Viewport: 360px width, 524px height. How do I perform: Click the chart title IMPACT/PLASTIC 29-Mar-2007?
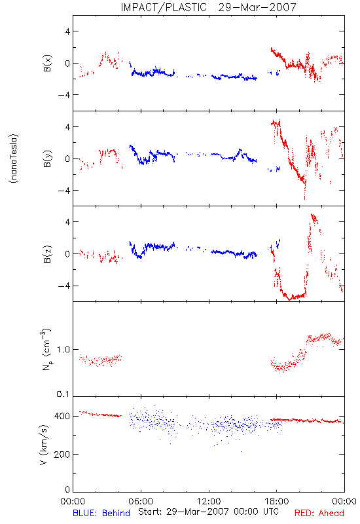(x=208, y=7)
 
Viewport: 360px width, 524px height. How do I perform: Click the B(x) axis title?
(x=47, y=63)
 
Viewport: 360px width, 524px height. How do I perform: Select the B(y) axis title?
(x=47, y=159)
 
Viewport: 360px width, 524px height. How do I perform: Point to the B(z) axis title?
(x=47, y=254)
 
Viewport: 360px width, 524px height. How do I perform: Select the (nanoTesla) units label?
(x=14, y=159)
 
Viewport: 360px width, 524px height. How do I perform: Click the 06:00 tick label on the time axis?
(x=141, y=501)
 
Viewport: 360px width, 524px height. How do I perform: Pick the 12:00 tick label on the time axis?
(x=209, y=501)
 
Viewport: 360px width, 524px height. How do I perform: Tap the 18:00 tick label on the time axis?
(x=277, y=501)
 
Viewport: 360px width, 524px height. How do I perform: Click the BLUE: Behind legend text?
(x=101, y=513)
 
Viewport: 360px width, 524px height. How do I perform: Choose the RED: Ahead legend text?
(x=319, y=513)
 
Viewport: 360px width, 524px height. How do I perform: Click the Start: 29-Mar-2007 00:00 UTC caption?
(x=208, y=512)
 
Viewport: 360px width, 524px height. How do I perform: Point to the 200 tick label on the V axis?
(x=62, y=455)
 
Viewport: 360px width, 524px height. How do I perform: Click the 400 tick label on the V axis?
(x=62, y=417)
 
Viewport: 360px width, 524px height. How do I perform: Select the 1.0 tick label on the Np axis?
(x=63, y=350)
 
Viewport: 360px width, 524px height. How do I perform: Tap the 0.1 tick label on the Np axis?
(x=63, y=394)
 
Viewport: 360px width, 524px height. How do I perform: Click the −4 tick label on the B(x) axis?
(x=64, y=95)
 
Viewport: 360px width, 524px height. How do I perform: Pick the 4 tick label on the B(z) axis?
(x=68, y=222)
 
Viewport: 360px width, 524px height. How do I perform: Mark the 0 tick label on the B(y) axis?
(x=68, y=159)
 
